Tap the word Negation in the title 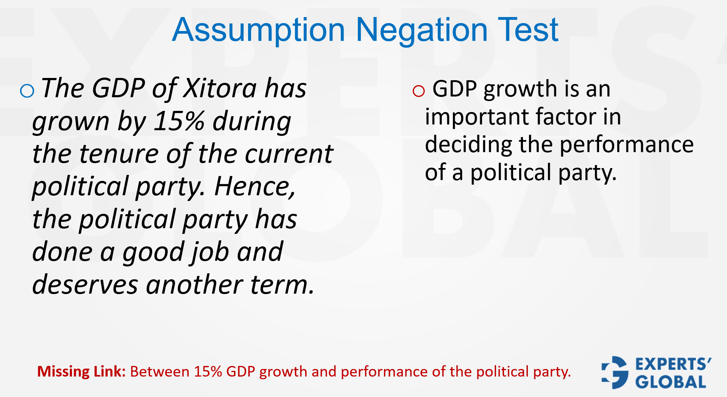click(422, 30)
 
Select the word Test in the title click(528, 30)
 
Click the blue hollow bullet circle click(27, 91)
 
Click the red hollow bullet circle click(418, 91)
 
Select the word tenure click(119, 154)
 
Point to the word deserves click(85, 285)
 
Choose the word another click(195, 285)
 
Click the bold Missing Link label click(81, 372)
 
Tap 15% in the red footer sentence click(208, 372)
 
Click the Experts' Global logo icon click(615, 372)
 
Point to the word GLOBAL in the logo click(671, 382)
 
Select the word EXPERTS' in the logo click(673, 364)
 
